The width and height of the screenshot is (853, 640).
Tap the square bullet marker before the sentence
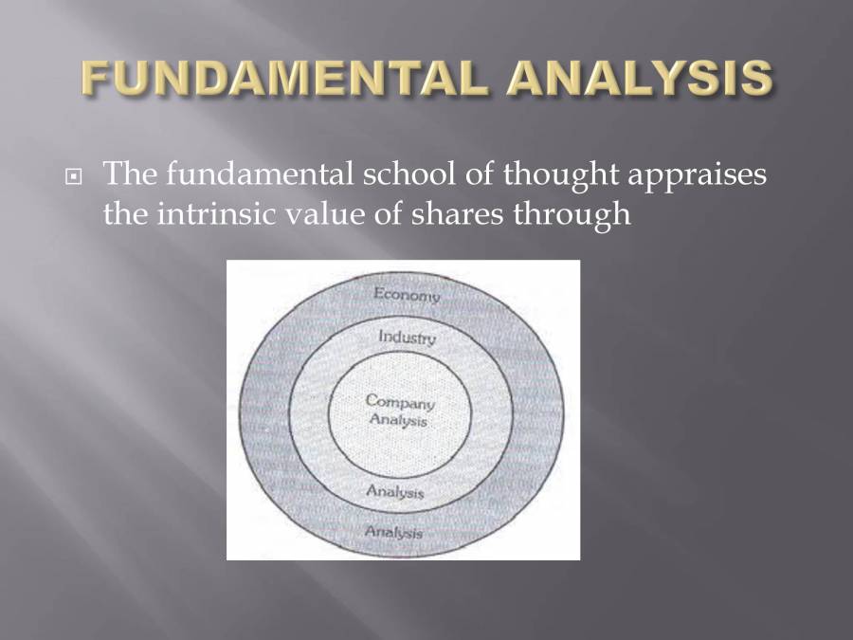pyautogui.click(x=73, y=178)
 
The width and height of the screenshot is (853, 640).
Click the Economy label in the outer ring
pyautogui.click(x=407, y=294)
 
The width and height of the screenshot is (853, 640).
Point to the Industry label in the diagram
pyautogui.click(x=407, y=337)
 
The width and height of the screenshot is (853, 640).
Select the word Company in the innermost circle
pyautogui.click(x=399, y=401)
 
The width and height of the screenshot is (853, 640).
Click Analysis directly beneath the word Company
pyautogui.click(x=399, y=421)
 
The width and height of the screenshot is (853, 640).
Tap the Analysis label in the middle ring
pyautogui.click(x=395, y=492)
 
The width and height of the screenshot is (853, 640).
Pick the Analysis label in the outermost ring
pyautogui.click(x=393, y=532)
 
